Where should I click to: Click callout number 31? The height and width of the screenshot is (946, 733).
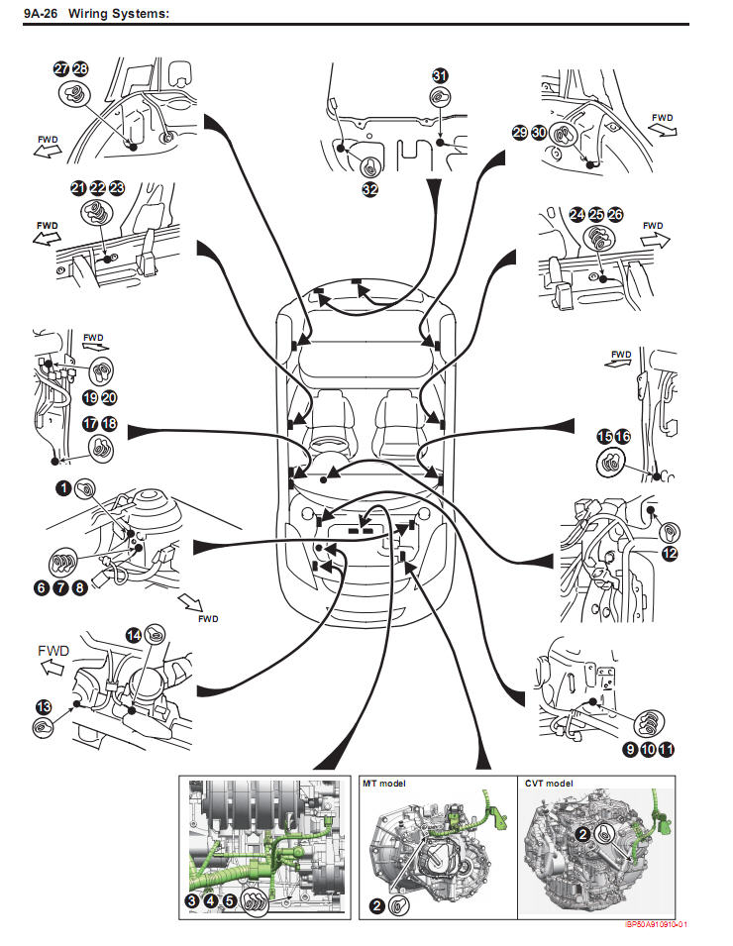(x=440, y=75)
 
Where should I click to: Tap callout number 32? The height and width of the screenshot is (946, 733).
(x=369, y=189)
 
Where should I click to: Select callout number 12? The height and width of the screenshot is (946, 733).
(x=670, y=554)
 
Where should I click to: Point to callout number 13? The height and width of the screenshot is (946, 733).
(x=44, y=706)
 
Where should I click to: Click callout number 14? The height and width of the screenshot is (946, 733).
(x=134, y=635)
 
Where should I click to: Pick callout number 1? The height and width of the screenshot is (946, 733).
(x=63, y=487)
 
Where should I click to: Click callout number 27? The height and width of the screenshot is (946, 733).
(x=61, y=68)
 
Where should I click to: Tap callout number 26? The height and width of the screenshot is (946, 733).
(x=615, y=214)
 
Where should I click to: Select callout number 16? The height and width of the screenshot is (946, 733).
(x=623, y=436)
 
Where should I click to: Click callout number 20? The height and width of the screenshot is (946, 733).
(x=109, y=397)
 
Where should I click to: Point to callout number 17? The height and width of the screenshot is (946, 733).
(x=90, y=424)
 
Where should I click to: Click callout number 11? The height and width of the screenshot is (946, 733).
(x=666, y=749)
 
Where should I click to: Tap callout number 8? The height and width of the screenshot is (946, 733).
(x=79, y=587)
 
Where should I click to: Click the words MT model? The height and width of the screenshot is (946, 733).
(x=383, y=784)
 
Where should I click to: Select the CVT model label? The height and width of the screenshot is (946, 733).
(x=549, y=784)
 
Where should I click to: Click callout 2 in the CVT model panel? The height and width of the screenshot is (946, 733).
(x=582, y=834)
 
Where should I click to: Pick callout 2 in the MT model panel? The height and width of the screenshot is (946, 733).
(x=376, y=905)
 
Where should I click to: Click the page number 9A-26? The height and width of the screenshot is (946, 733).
(x=41, y=13)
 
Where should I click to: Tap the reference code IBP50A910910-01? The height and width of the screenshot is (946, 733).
(x=657, y=924)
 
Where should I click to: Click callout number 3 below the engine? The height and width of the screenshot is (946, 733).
(x=192, y=900)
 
